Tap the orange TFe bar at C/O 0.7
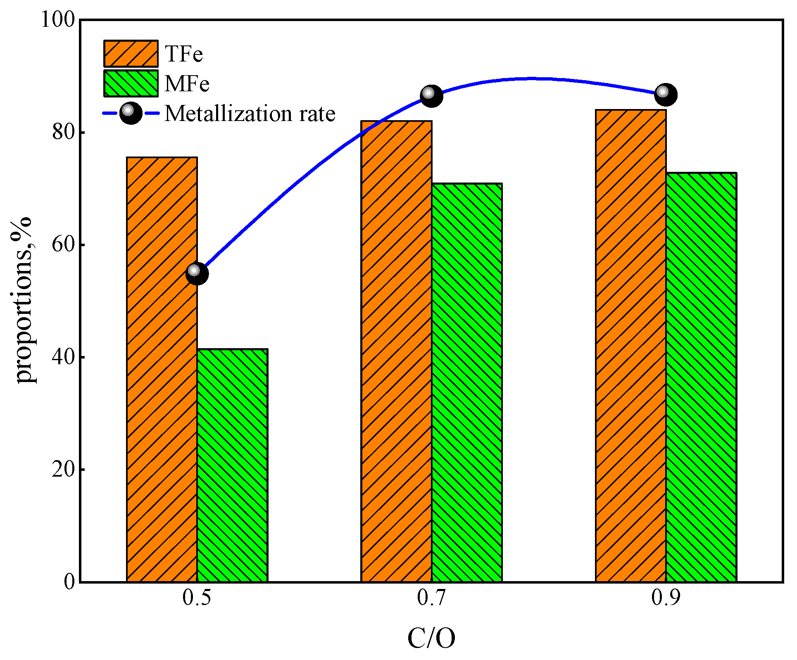pyautogui.click(x=396, y=351)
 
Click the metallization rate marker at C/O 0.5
pyautogui.click(x=197, y=273)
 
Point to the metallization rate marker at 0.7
pyautogui.click(x=431, y=95)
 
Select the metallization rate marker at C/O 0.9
pyautogui.click(x=666, y=94)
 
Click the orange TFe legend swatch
pyautogui.click(x=131, y=54)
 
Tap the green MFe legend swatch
pyautogui.click(x=131, y=83)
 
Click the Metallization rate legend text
pyautogui.click(x=250, y=113)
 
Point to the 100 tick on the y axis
pyautogui.click(x=57, y=19)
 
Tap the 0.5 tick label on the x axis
pyautogui.click(x=197, y=597)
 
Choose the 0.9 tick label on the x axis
pyautogui.click(x=666, y=597)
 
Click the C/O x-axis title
pyautogui.click(x=431, y=638)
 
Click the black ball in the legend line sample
pyautogui.click(x=131, y=113)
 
